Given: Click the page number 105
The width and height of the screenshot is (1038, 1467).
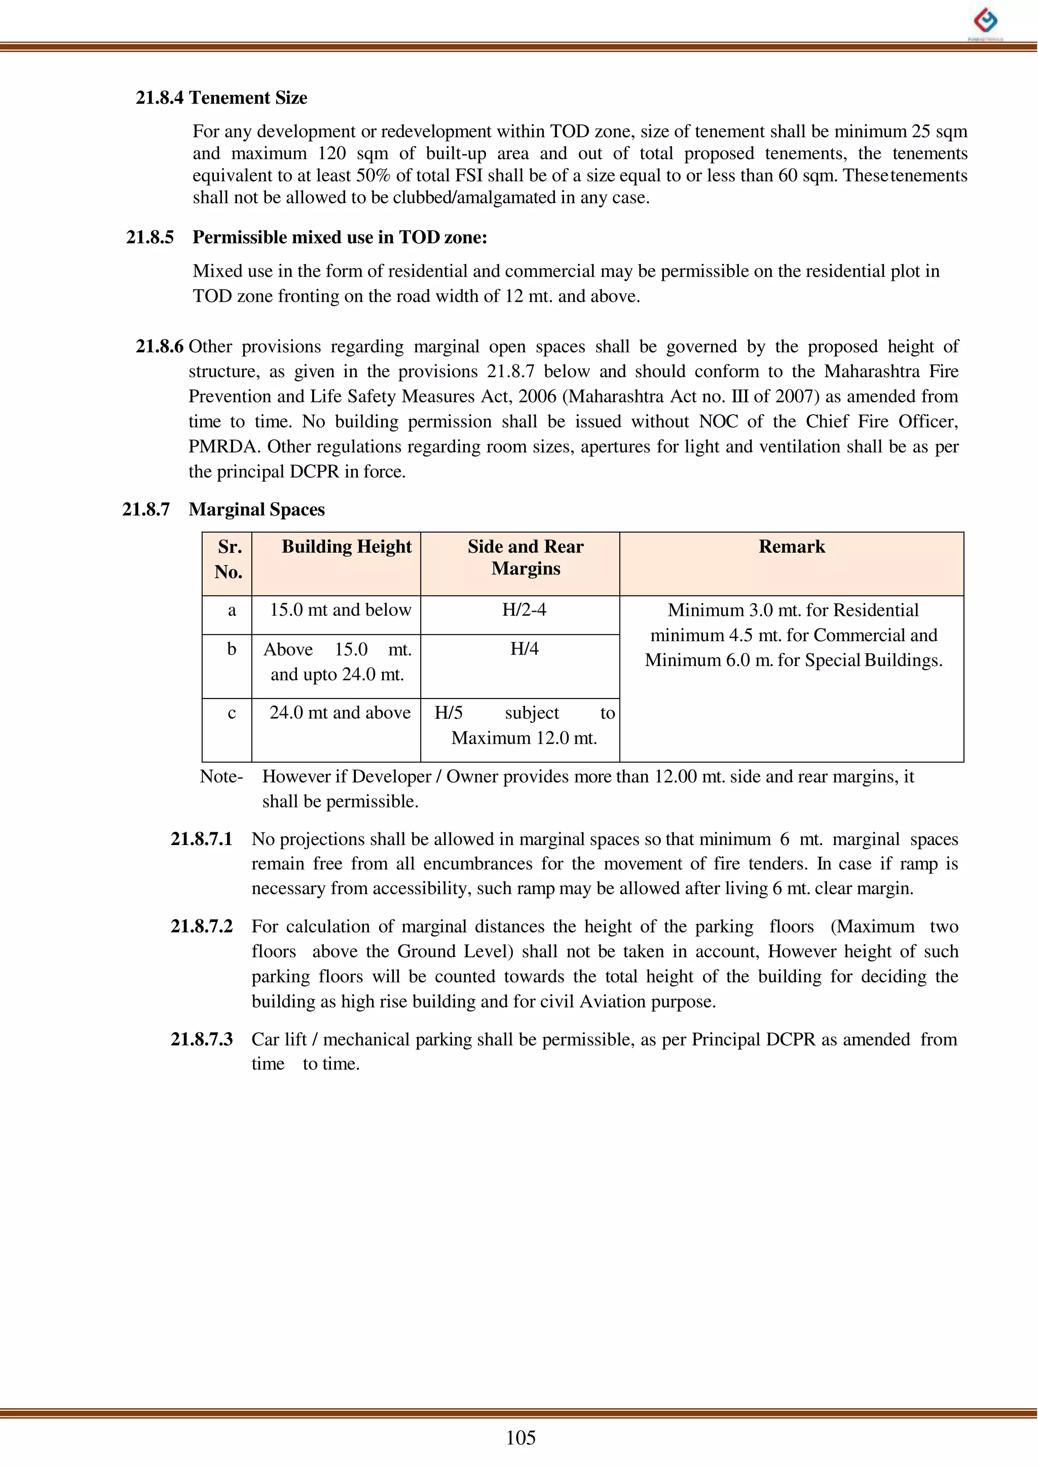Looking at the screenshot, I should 521,1438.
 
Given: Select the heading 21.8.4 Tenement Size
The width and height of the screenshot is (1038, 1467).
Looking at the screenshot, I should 221,98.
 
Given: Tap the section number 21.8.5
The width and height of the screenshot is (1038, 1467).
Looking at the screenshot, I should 150,237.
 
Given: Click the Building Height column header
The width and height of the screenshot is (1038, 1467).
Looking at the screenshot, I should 347,546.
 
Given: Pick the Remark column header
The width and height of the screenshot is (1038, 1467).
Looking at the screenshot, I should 791,546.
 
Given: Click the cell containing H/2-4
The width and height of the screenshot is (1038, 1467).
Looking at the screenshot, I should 524,609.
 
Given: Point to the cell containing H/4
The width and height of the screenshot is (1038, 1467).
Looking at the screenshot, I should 524,649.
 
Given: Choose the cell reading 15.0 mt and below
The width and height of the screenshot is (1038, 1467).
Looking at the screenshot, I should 340,610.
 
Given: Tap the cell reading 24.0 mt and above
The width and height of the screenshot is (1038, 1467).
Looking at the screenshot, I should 340,713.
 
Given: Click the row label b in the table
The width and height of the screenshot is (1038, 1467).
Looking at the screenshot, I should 232,649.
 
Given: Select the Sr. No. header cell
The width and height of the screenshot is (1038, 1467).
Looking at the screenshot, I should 229,559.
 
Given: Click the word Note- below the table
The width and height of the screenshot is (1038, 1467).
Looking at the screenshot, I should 221,777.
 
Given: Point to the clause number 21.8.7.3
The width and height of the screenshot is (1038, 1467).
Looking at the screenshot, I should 201,1039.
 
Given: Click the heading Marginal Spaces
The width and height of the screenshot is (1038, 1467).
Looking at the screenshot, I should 256,509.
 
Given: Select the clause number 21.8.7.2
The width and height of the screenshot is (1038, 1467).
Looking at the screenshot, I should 201,926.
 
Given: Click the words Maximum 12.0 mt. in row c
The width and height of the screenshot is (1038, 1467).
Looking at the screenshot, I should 524,738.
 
